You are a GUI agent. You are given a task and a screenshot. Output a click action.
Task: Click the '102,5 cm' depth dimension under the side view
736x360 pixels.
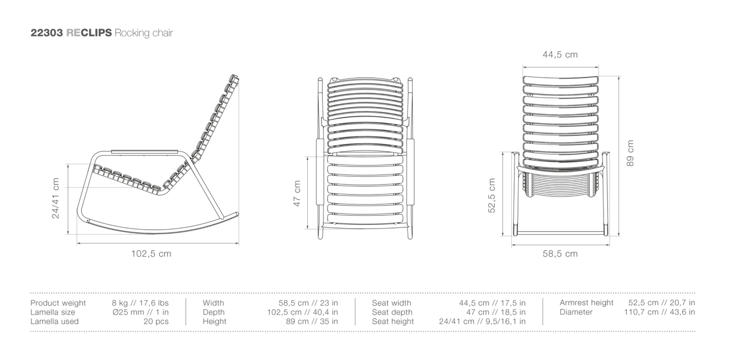pyautogui.click(x=151, y=254)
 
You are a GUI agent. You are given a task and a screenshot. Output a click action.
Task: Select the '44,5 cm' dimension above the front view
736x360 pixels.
pyautogui.click(x=560, y=55)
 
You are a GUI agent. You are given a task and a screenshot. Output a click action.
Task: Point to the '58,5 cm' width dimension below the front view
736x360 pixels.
pyautogui.click(x=560, y=254)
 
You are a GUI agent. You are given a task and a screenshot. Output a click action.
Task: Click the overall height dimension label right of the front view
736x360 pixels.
pyautogui.click(x=631, y=153)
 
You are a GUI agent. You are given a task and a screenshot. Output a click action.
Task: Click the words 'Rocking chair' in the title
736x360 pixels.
pyautogui.click(x=144, y=34)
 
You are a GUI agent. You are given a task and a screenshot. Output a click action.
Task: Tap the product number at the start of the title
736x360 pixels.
pyautogui.click(x=46, y=34)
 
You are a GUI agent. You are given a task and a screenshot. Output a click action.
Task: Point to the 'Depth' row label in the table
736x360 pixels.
pyautogui.click(x=213, y=312)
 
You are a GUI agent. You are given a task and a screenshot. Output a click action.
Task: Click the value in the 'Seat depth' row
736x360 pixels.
pyautogui.click(x=497, y=312)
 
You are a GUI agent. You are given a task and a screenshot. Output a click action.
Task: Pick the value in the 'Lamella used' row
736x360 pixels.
pyautogui.click(x=161, y=321)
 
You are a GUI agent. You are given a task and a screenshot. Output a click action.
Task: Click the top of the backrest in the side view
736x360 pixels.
pyautogui.click(x=234, y=77)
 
